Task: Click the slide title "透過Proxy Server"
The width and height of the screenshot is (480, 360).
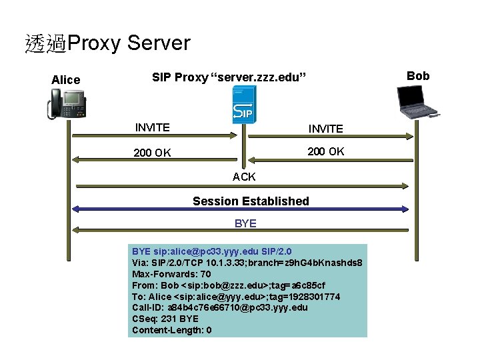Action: tap(107, 44)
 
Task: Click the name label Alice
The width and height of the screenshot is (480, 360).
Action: tap(65, 80)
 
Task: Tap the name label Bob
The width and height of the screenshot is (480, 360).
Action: tap(418, 76)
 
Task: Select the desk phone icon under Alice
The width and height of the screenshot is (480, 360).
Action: tap(67, 105)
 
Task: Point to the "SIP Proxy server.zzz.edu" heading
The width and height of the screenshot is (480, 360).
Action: tap(229, 77)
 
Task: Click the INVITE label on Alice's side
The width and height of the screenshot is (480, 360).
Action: tap(152, 127)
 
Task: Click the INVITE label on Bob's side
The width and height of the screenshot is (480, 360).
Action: tap(325, 129)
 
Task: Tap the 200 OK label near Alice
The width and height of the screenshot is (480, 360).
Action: tap(152, 153)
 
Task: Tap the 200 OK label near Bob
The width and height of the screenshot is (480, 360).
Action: tap(325, 151)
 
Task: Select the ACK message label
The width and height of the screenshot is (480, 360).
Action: tap(244, 177)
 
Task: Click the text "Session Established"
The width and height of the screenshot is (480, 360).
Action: tap(251, 201)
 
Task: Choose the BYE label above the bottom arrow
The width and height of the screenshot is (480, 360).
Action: tap(245, 223)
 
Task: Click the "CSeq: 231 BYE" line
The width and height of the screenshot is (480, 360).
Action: tap(165, 319)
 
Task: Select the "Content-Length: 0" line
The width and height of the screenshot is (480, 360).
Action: tap(172, 330)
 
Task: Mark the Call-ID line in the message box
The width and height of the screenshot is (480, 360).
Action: tap(220, 307)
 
